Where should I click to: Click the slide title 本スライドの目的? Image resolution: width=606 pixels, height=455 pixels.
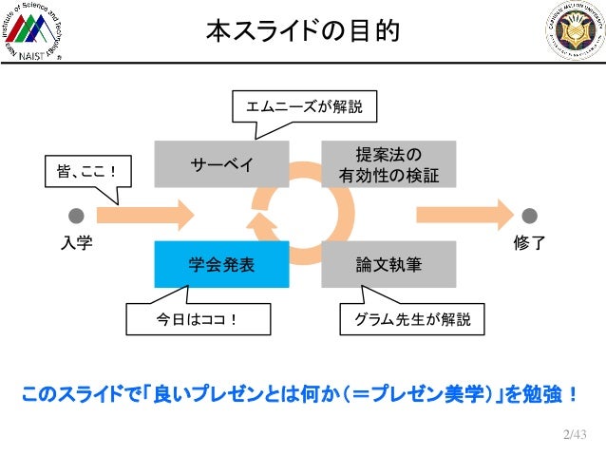(x=303, y=32)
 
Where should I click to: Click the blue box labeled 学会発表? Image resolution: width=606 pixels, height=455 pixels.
(x=221, y=265)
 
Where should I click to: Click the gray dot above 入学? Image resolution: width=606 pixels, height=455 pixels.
(x=76, y=216)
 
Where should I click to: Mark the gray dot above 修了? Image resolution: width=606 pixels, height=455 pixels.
(x=530, y=216)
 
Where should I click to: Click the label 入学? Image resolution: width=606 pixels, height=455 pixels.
(x=76, y=243)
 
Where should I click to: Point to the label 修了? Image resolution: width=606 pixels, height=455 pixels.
(x=529, y=243)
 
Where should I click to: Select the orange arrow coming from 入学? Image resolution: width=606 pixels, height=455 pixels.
(x=142, y=215)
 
